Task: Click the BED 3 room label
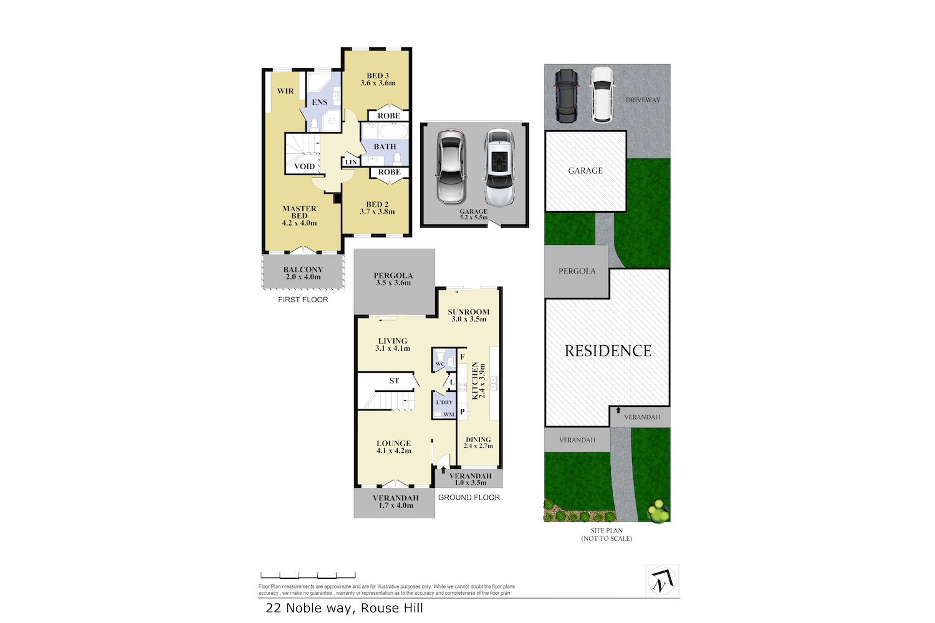click(378, 79)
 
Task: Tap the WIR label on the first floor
click(285, 91)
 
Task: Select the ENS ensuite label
click(320, 102)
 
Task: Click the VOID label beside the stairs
click(304, 166)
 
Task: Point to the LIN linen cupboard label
click(351, 162)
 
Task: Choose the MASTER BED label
click(299, 216)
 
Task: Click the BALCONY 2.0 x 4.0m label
click(303, 273)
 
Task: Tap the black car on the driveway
click(567, 95)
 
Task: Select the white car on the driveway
click(602, 95)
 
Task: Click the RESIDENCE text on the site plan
click(608, 351)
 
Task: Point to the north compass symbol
click(662, 581)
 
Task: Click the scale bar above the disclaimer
click(308, 575)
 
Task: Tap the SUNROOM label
click(469, 315)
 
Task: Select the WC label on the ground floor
click(440, 364)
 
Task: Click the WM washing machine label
click(449, 414)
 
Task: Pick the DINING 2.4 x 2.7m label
click(478, 442)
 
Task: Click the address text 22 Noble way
click(344, 608)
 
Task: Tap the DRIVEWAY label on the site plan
click(643, 100)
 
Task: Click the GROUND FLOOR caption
click(469, 497)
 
